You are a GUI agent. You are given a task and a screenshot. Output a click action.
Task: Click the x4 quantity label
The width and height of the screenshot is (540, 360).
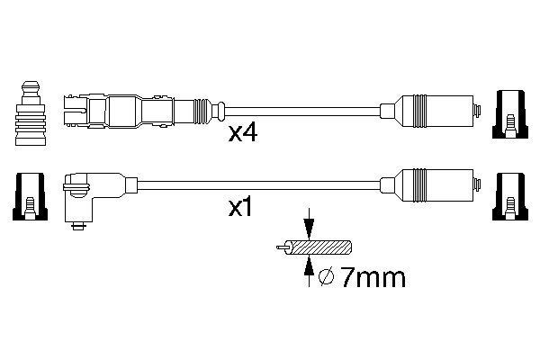click(x=244, y=135)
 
